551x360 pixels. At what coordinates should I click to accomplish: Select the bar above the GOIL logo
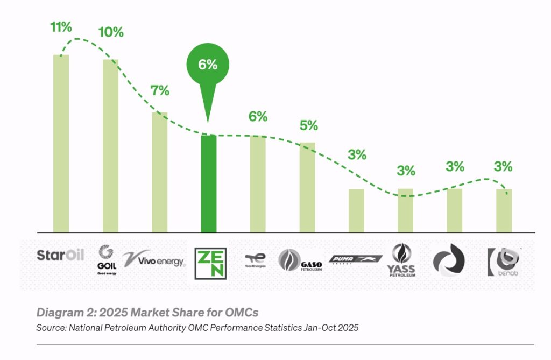(x=110, y=146)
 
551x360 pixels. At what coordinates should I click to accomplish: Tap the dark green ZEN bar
(x=208, y=183)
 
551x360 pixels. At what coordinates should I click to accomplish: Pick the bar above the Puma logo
(x=356, y=210)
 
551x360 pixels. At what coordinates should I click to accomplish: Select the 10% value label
(x=111, y=32)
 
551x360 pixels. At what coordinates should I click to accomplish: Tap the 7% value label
(x=160, y=91)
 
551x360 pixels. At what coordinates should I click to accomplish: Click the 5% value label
(x=309, y=126)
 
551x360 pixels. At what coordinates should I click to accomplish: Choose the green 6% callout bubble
(x=208, y=65)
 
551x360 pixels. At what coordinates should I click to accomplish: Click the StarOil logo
(x=60, y=255)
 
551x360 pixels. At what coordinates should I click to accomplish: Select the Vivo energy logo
(x=154, y=260)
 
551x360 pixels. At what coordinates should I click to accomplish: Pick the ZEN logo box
(x=210, y=263)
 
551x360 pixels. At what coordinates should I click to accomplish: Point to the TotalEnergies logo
(x=256, y=260)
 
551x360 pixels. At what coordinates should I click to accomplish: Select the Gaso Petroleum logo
(x=300, y=261)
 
